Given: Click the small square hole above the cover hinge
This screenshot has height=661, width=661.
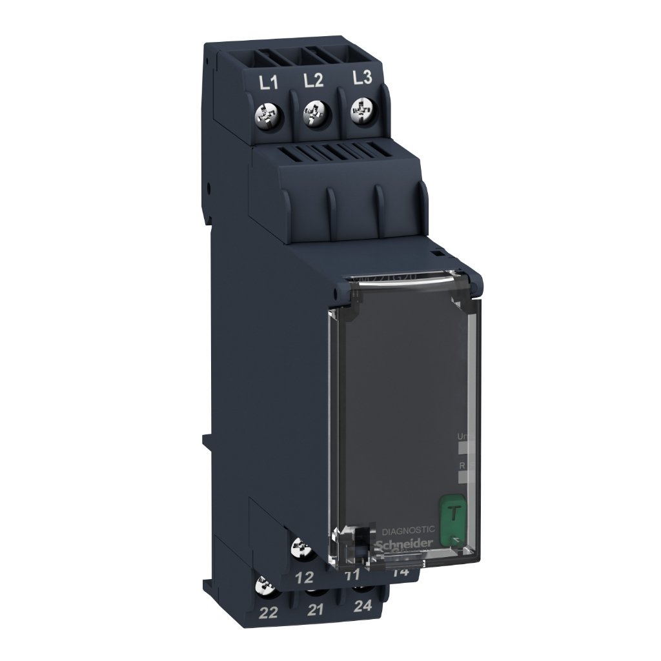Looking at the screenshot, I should pos(435,254).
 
